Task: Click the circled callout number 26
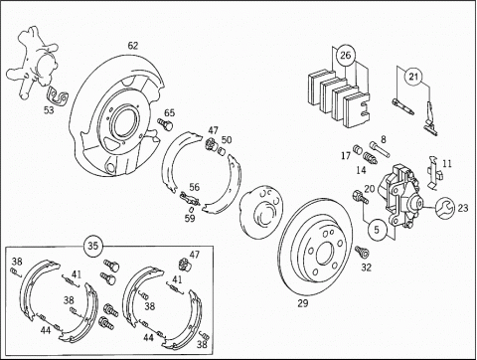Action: (x=345, y=55)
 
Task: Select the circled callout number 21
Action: (x=413, y=77)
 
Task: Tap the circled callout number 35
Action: (x=93, y=246)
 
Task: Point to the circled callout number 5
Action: (x=377, y=230)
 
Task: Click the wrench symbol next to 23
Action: (x=444, y=208)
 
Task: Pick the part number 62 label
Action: (x=132, y=46)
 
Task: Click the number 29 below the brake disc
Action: (x=303, y=303)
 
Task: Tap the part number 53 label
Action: (x=49, y=110)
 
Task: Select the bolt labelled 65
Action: (x=165, y=124)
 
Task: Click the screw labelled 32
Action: (x=362, y=252)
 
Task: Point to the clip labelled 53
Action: (x=57, y=96)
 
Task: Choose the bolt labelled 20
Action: (x=361, y=197)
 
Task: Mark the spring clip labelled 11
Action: (x=434, y=172)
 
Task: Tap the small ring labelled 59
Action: (x=191, y=210)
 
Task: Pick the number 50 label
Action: (x=227, y=140)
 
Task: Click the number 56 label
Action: (x=194, y=187)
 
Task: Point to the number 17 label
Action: (x=346, y=155)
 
